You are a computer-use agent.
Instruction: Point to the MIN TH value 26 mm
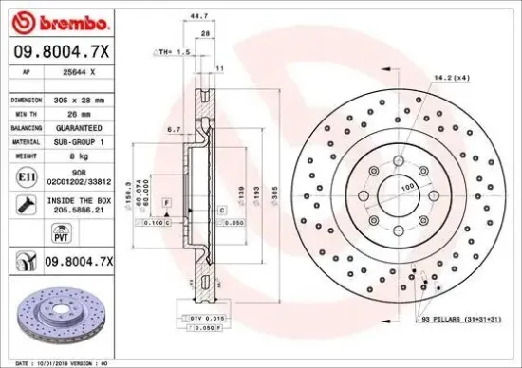[78, 112]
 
